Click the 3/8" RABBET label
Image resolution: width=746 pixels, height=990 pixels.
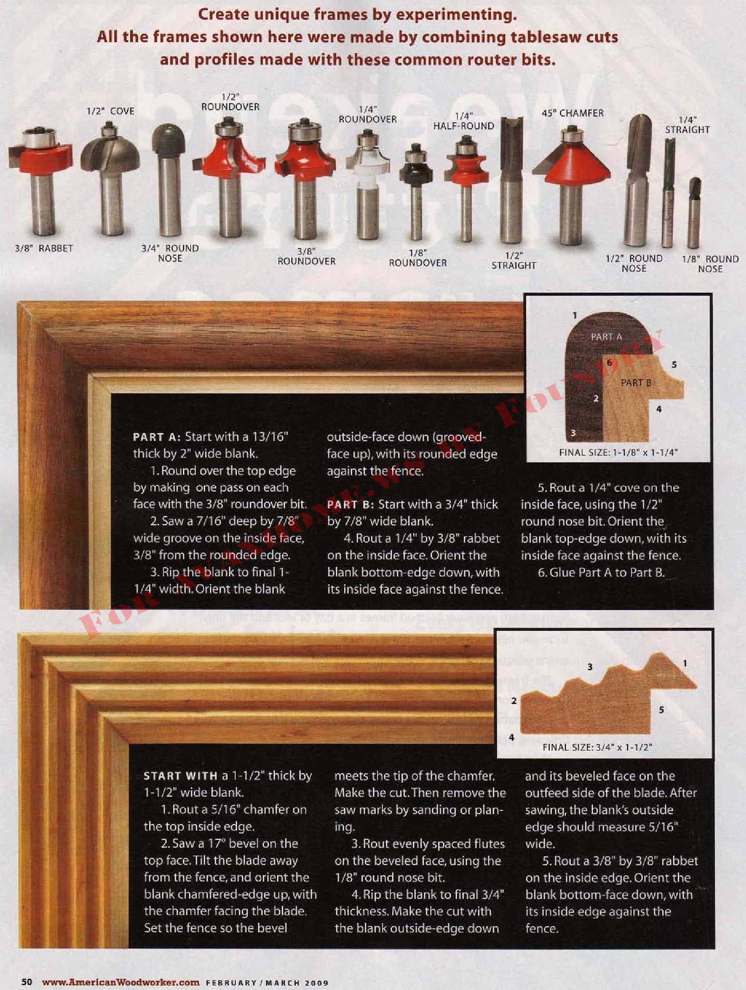[44, 248]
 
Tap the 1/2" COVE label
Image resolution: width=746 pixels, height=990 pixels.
[110, 111]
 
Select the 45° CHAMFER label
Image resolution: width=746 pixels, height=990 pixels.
[572, 113]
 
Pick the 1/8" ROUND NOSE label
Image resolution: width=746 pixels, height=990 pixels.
[710, 264]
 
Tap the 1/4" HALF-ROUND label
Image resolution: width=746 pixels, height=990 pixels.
[464, 121]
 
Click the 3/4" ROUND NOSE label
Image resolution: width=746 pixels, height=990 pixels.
[170, 253]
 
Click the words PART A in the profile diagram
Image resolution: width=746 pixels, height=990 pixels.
[606, 337]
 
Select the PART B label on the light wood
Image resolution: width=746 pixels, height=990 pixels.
[636, 383]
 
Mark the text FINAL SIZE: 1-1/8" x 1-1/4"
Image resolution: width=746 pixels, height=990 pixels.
[618, 452]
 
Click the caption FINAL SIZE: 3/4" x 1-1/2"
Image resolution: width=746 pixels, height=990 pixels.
[597, 747]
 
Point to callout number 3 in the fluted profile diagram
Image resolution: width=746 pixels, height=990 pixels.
[590, 667]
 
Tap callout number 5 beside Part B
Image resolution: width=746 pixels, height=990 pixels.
[674, 365]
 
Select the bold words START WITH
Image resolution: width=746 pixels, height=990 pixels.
[181, 776]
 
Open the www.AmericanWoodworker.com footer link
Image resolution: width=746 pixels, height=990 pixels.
[121, 982]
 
